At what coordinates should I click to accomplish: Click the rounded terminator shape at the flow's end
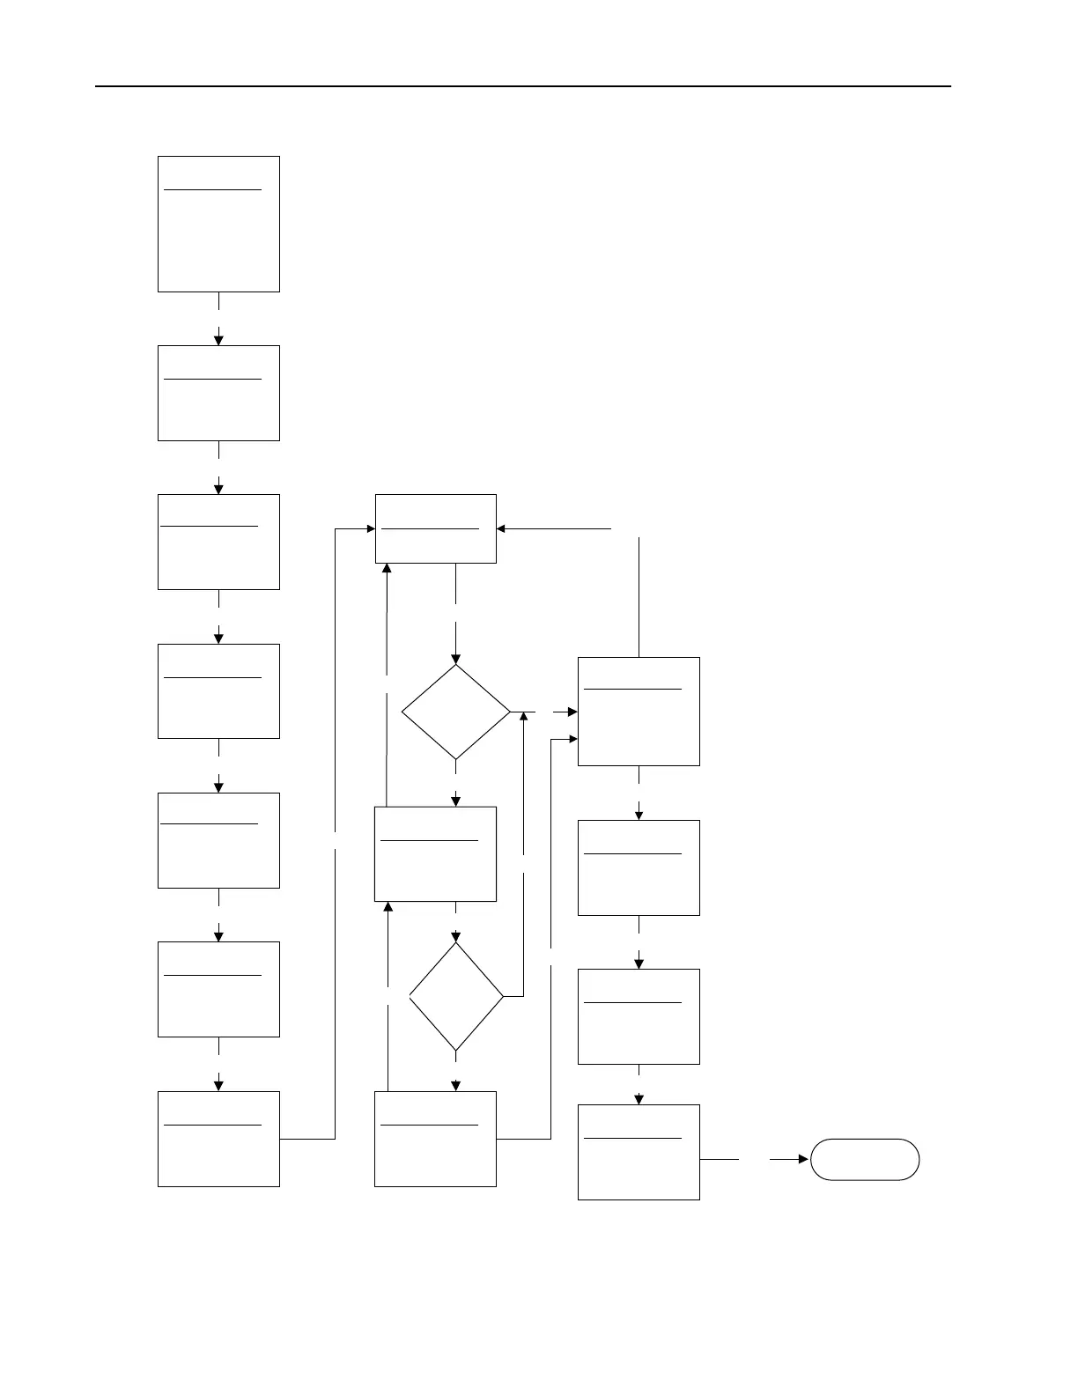(864, 1159)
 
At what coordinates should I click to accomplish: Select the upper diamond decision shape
(455, 712)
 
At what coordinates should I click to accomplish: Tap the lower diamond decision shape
(456, 996)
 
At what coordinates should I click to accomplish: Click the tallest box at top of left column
(218, 224)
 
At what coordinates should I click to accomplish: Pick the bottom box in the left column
(218, 1139)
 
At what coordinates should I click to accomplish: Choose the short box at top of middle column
(436, 528)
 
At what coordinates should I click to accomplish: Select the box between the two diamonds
(436, 853)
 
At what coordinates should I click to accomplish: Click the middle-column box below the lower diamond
(436, 1139)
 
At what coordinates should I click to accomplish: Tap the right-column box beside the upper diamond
(639, 712)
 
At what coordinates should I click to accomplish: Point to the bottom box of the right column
(639, 1152)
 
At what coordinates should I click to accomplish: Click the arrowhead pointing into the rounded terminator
(803, 1159)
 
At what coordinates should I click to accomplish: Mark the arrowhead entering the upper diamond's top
(455, 658)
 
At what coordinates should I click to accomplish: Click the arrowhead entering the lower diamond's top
(456, 936)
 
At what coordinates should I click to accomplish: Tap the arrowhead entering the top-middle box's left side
(370, 528)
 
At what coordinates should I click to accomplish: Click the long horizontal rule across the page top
(523, 86)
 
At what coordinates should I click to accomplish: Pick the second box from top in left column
(218, 393)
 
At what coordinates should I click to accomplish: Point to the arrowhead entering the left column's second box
(218, 340)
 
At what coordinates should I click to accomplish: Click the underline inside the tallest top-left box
(213, 188)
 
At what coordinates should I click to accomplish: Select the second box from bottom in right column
(639, 1016)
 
